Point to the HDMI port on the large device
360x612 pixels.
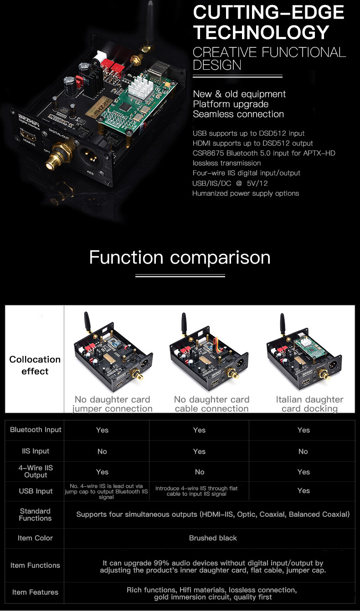click(x=28, y=136)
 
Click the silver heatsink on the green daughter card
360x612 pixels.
click(x=140, y=87)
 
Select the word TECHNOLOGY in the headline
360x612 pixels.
click(x=261, y=32)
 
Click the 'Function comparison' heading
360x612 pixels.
click(x=180, y=257)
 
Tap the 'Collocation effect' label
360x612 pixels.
click(x=35, y=365)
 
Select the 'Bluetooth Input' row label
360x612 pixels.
click(x=36, y=430)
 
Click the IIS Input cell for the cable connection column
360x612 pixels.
click(x=199, y=451)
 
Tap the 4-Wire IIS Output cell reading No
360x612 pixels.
click(x=200, y=472)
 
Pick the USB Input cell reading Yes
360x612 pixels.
click(x=303, y=491)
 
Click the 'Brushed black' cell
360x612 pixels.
click(x=213, y=538)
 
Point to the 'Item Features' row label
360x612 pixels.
click(x=35, y=592)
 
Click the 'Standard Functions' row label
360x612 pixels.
click(x=35, y=515)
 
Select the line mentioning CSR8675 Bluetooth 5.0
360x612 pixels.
click(x=264, y=153)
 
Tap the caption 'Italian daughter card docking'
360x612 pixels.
click(x=309, y=404)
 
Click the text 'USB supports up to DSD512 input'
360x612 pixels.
click(x=248, y=133)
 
